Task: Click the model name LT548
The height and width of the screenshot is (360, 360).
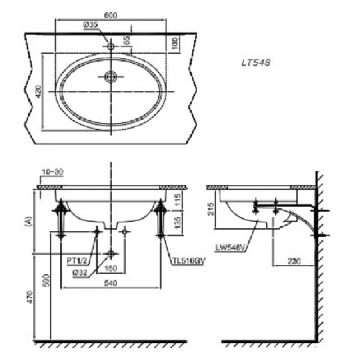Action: [x=256, y=62]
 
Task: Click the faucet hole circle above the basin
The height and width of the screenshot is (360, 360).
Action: [x=111, y=46]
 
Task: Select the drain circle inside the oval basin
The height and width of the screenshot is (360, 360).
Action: [x=110, y=76]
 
